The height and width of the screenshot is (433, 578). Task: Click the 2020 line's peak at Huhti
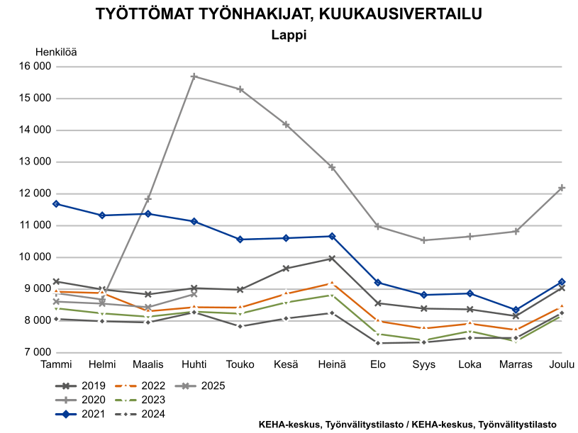194,76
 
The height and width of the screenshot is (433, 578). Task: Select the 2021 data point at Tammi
56,204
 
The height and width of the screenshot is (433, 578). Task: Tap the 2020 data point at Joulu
562,188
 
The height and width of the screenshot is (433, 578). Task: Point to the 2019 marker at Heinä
332,259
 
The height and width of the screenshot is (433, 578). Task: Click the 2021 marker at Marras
516,310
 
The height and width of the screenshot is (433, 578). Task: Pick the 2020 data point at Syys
424,240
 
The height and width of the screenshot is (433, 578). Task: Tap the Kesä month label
286,364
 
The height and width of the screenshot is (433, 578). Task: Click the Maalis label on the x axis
148,364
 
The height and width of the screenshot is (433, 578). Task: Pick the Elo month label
378,364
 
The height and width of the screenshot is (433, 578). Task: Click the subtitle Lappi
289,34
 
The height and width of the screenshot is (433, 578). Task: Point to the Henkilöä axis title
56,52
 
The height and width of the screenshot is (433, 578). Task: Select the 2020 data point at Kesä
286,125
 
